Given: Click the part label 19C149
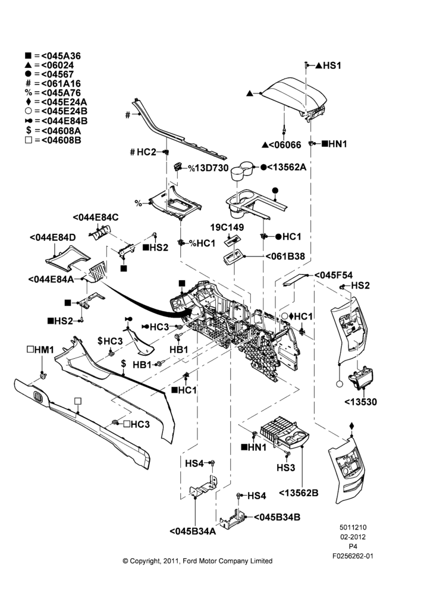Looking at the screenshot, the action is (x=227, y=227).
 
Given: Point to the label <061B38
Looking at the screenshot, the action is (x=285, y=256).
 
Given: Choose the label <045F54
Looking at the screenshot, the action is (x=334, y=275).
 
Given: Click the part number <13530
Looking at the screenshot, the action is (x=361, y=402).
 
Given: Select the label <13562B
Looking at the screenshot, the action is (x=299, y=493).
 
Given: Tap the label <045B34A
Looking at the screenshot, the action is (x=193, y=531).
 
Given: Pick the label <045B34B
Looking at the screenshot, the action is (x=277, y=517).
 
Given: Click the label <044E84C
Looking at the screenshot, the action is (x=96, y=217).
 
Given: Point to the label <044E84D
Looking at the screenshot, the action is (x=53, y=237).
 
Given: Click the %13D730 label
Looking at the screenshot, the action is (x=208, y=168).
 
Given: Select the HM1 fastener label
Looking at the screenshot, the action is (x=40, y=350).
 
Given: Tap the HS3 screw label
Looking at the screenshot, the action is (x=285, y=468).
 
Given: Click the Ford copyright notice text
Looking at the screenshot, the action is (x=197, y=561).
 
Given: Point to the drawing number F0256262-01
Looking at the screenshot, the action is (x=353, y=556).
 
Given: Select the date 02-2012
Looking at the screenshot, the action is (x=353, y=537).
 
